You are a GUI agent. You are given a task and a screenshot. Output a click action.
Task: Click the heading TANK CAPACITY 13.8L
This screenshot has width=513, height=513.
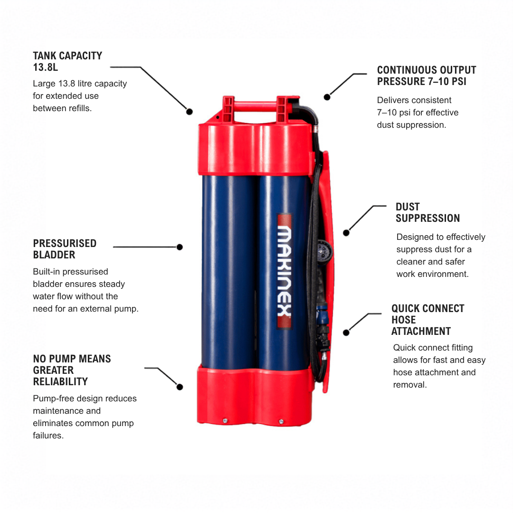pos(67,61)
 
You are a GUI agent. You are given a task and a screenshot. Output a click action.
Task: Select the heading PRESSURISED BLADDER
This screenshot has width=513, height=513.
pos(65,249)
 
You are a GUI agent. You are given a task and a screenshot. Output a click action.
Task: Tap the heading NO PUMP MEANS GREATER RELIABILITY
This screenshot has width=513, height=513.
pos(72,370)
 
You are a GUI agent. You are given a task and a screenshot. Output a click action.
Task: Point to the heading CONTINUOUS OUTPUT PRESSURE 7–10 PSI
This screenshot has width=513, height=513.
pos(426,76)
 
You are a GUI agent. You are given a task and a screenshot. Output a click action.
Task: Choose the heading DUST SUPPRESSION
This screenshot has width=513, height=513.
pos(427,213)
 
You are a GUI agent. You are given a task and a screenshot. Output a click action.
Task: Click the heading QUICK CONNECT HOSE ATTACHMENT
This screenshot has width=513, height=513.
pos(427,320)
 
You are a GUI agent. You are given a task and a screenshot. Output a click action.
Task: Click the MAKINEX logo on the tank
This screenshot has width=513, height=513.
pos(285,271)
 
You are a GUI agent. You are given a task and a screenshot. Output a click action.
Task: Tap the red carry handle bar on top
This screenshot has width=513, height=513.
pos(255,107)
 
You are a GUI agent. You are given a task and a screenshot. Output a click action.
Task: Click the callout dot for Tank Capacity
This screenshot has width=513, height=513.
pos(189,112)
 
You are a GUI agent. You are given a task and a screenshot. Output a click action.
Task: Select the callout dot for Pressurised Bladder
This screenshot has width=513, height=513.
pos(179,247)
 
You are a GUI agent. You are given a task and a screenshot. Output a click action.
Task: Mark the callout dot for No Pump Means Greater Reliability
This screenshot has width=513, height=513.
pos(179,387)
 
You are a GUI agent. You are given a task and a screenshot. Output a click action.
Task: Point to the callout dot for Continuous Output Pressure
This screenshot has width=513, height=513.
pos(327,97)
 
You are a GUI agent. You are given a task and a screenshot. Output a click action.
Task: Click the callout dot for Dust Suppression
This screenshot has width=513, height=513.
pos(346,233)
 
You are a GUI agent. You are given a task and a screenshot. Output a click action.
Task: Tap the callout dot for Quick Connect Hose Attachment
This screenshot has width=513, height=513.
pos(346,332)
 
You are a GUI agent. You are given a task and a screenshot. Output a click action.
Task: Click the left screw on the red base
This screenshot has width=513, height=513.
pos(225,421)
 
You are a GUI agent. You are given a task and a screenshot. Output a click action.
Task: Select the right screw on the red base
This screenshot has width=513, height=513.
pos(281,422)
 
